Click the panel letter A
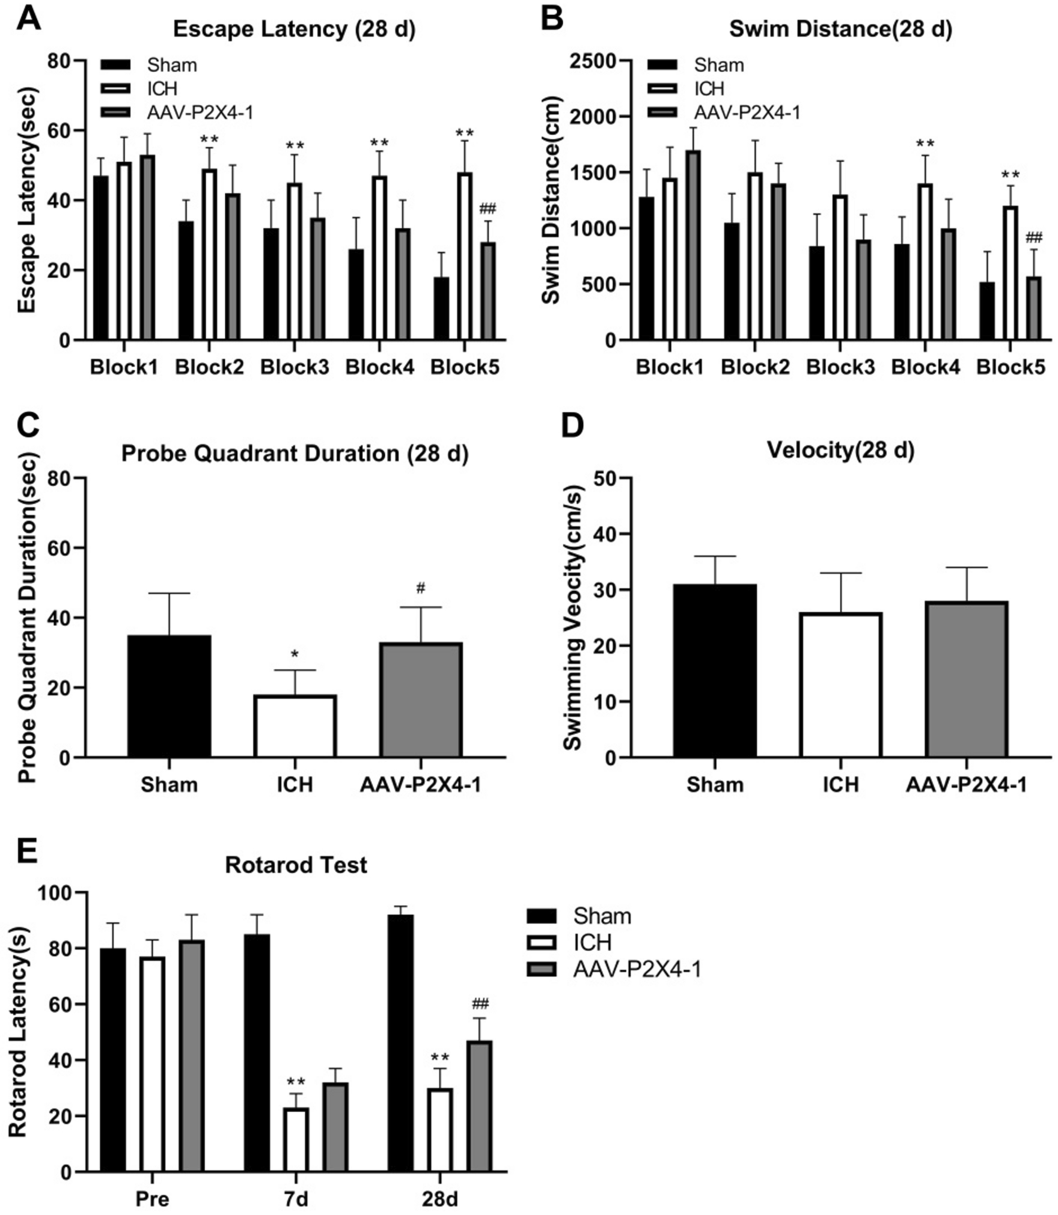pyautogui.click(x=28, y=20)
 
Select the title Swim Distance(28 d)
pyautogui.click(x=840, y=29)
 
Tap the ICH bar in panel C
pyautogui.click(x=295, y=726)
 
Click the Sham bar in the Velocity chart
pyautogui.click(x=715, y=671)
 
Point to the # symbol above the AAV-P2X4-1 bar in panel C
pyautogui.click(x=421, y=588)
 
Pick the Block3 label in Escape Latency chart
pyautogui.click(x=295, y=367)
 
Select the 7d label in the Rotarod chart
pyautogui.click(x=295, y=1199)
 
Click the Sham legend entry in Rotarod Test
pyautogui.click(x=601, y=917)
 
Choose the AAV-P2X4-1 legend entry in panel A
pyautogui.click(x=198, y=112)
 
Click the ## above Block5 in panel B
pyautogui.click(x=1034, y=237)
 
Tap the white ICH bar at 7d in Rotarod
pyautogui.click(x=296, y=1139)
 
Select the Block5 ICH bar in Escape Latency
pyautogui.click(x=463, y=256)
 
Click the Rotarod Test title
pyautogui.click(x=296, y=865)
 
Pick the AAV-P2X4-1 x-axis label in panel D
pyautogui.click(x=967, y=785)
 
